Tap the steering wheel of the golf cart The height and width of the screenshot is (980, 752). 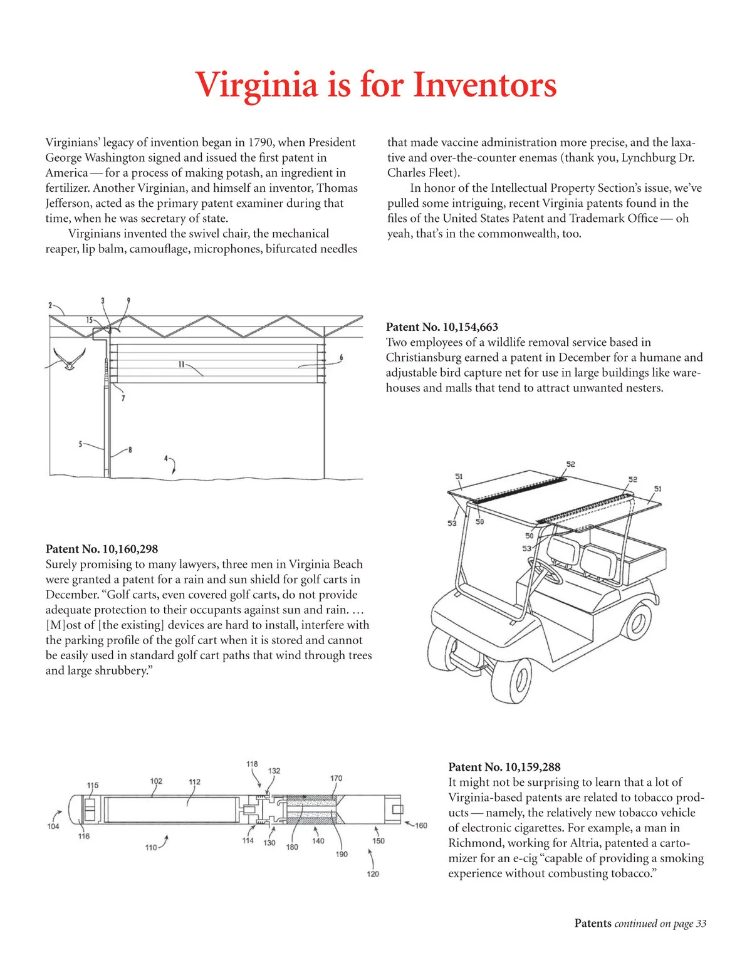(547, 570)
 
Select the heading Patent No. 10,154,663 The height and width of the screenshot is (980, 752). (442, 327)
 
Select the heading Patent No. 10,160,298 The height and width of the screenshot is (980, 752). (102, 549)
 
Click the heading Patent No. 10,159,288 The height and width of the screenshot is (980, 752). (504, 767)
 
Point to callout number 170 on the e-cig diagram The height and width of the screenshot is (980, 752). (337, 778)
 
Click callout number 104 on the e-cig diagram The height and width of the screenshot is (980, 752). (53, 826)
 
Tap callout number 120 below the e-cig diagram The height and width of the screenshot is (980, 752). (373, 873)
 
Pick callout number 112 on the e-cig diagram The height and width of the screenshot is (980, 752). (195, 782)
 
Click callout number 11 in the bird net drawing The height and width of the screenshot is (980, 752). (181, 364)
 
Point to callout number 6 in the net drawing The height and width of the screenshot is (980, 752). (342, 358)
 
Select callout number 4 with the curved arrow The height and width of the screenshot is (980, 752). (165, 459)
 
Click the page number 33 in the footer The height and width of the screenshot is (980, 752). (701, 924)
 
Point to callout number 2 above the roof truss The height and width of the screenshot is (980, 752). (50, 306)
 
